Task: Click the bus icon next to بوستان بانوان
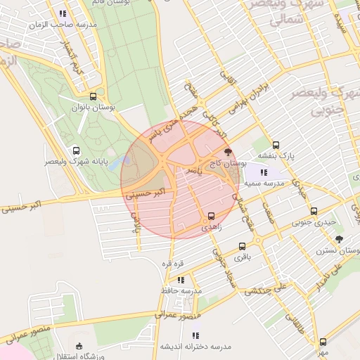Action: coord(94,97)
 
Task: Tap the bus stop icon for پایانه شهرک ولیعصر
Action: coord(76,150)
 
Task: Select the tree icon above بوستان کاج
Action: coord(227,151)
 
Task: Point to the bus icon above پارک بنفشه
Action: coord(276,145)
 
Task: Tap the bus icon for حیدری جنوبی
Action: coord(314,211)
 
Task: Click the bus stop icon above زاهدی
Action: coord(211,216)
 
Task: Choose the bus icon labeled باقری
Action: coord(242,247)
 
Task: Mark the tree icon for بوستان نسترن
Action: coord(340,239)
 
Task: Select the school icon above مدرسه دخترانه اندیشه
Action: coord(195,335)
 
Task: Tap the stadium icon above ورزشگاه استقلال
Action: coord(79,346)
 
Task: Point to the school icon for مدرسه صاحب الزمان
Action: coord(63,13)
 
